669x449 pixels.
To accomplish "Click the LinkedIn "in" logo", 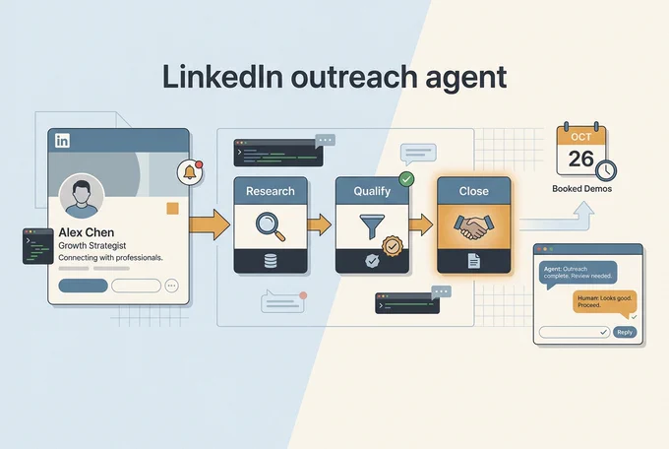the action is point(62,141).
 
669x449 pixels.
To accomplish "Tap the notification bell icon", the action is point(190,172).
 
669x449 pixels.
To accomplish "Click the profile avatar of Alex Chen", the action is point(82,196).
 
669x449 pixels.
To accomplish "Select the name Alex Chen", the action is point(87,232).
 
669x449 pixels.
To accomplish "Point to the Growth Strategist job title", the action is point(92,245).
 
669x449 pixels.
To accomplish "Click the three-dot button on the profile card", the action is point(171,286).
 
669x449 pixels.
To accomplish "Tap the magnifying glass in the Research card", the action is point(271,226).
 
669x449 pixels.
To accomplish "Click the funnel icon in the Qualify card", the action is point(372,226).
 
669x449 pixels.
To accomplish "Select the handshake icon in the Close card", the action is point(473,227).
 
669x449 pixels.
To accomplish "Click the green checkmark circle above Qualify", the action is point(406,179).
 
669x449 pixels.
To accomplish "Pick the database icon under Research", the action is point(271,261).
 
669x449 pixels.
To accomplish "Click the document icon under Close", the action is point(473,261).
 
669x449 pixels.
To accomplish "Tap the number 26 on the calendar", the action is point(580,159).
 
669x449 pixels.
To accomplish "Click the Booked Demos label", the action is point(582,189).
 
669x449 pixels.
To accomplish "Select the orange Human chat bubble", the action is point(605,302).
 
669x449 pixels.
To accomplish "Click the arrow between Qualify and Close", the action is point(421,224).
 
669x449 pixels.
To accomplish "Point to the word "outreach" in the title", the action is point(354,78).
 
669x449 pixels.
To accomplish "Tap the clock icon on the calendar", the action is point(606,170).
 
